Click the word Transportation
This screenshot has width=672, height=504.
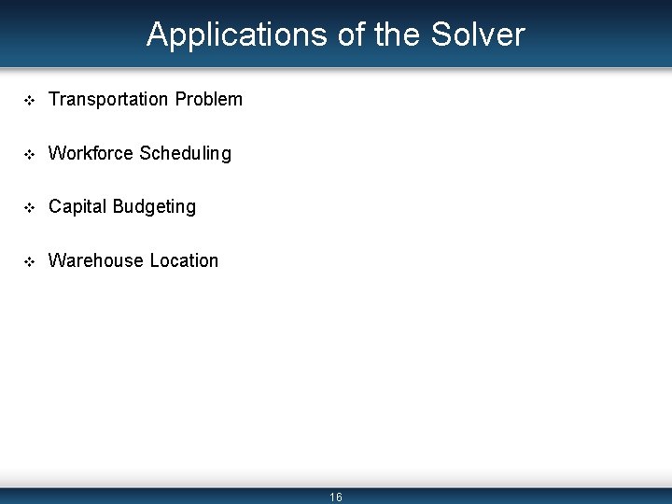[108, 99]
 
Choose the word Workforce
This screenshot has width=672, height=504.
[91, 153]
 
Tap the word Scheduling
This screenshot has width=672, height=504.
[186, 154]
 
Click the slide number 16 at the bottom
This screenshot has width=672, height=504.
[336, 497]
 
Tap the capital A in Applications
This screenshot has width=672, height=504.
[158, 35]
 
